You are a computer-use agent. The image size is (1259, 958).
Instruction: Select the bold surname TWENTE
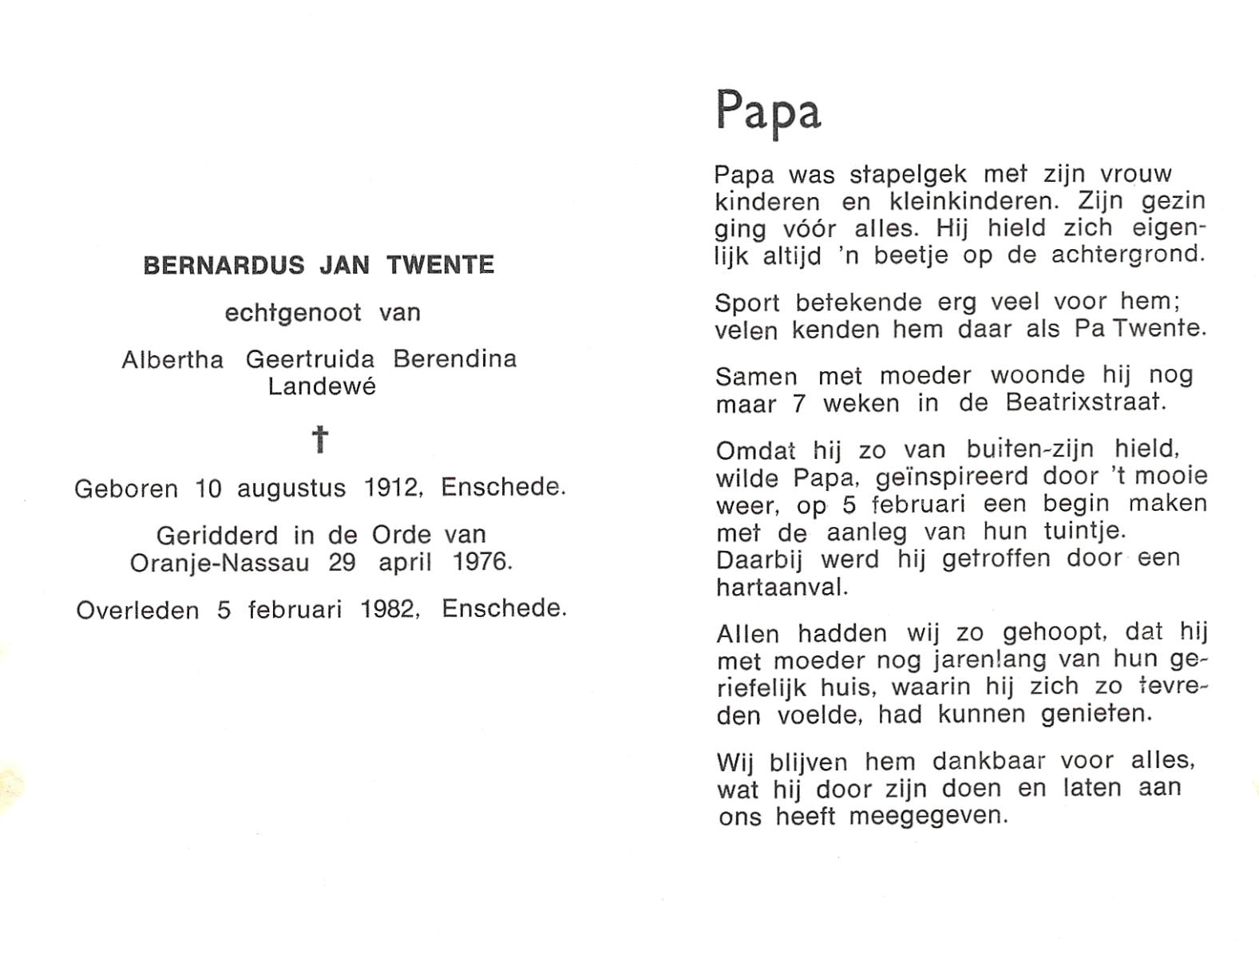pos(441,265)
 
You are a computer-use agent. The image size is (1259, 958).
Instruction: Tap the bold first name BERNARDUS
pos(224,265)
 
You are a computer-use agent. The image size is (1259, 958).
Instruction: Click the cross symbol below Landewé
pos(320,439)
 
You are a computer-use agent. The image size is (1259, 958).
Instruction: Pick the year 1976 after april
pos(481,562)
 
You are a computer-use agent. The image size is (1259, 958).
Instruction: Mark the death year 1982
pos(389,610)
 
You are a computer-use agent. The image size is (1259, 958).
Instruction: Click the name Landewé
pos(321,387)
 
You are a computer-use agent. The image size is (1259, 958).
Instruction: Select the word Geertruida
pos(310,360)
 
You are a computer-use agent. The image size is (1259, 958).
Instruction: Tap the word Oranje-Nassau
pos(220,563)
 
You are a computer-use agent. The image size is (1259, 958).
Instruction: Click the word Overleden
pos(137,611)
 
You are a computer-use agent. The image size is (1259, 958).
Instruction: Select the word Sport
pos(747,303)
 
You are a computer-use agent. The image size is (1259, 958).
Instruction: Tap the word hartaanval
pos(780,588)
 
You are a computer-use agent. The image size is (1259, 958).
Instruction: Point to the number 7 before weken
pos(799,404)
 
